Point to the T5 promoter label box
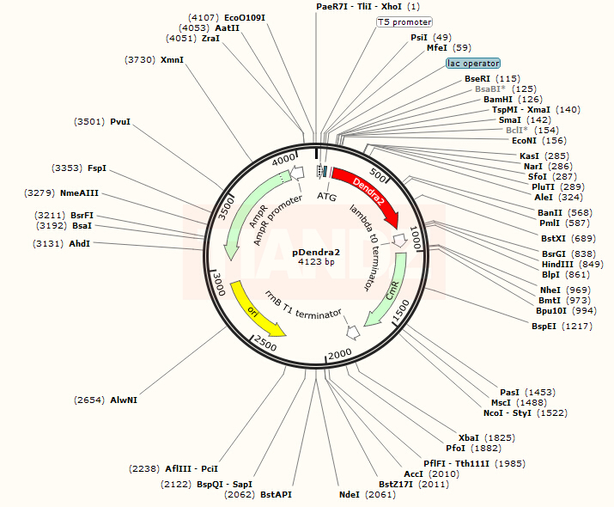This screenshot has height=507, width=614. pyautogui.click(x=404, y=21)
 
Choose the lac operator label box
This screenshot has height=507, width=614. pyautogui.click(x=472, y=64)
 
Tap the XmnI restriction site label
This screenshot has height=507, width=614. pyautogui.click(x=172, y=59)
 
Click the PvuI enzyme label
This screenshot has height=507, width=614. pyautogui.click(x=119, y=122)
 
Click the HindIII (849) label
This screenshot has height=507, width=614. pyautogui.click(x=572, y=264)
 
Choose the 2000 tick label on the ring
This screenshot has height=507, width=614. pyautogui.click(x=341, y=354)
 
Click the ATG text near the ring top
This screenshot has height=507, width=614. pyautogui.click(x=326, y=196)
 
